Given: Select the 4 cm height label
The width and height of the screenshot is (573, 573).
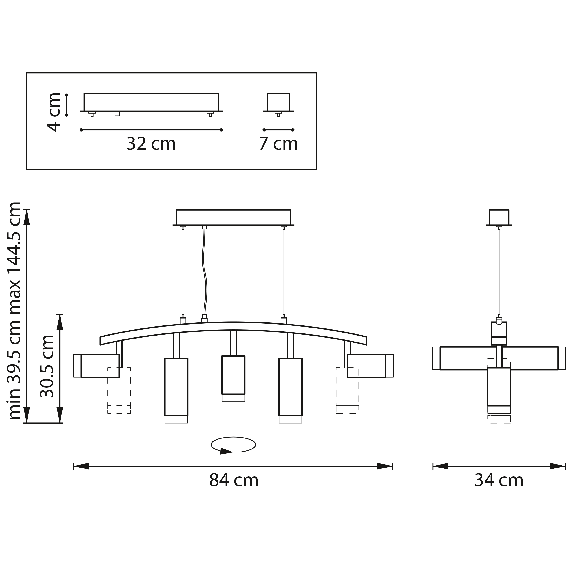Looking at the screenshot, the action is [x=54, y=112].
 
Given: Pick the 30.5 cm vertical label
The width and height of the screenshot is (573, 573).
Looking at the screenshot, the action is [x=47, y=366].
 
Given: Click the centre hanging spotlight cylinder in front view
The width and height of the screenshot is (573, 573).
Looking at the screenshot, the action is [x=233, y=378].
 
